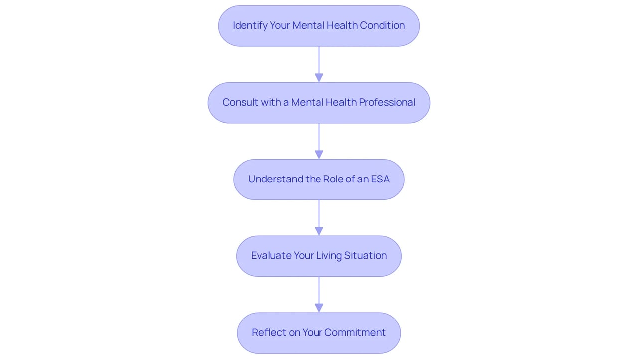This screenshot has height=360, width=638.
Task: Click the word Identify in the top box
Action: (x=250, y=25)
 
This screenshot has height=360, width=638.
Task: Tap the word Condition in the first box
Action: (x=382, y=25)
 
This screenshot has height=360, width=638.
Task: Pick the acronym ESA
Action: (x=380, y=179)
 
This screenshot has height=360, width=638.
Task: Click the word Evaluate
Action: (x=271, y=255)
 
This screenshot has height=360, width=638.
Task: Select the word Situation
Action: (x=365, y=255)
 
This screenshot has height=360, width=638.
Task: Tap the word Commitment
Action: (x=355, y=332)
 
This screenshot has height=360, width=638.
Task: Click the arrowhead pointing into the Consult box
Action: (x=319, y=78)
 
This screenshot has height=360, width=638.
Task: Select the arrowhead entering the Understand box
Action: (x=319, y=155)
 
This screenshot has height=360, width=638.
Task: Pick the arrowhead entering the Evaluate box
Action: (x=319, y=231)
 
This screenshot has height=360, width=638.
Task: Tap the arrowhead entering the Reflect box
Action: (x=319, y=308)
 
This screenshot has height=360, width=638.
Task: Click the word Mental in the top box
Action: (x=308, y=25)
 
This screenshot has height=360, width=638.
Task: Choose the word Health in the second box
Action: (x=341, y=102)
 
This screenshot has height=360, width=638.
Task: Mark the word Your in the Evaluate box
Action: (x=304, y=255)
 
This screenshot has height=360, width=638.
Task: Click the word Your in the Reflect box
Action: (x=312, y=332)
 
